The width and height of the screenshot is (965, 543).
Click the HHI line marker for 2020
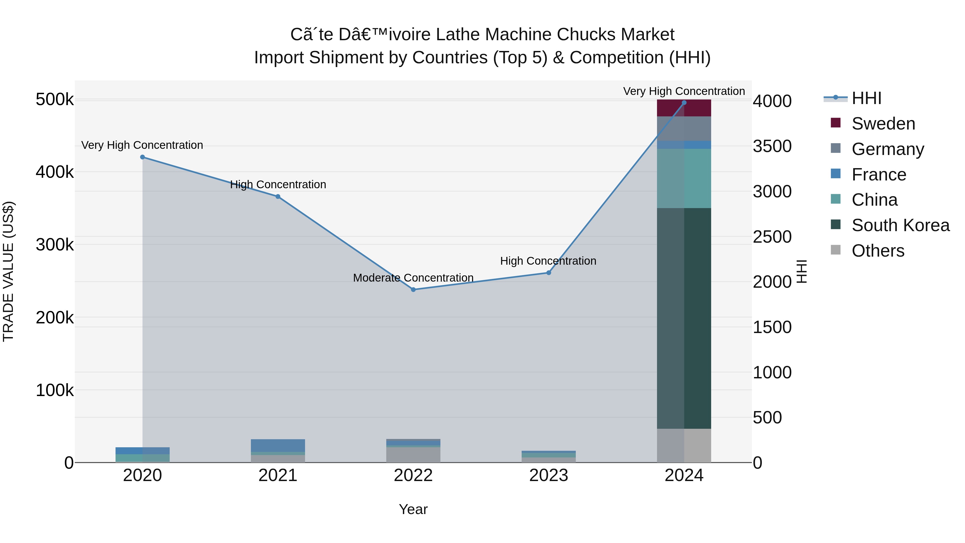tap(142, 157)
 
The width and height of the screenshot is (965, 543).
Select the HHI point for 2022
tap(413, 289)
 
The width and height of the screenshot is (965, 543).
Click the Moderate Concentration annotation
tap(413, 278)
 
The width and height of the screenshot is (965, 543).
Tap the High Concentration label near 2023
tap(548, 261)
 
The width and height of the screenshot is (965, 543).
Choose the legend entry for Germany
tap(888, 149)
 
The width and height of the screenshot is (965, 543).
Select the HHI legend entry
tap(866, 98)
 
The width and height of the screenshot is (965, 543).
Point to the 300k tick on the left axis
tap(55, 245)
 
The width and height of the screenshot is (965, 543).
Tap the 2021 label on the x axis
tap(278, 475)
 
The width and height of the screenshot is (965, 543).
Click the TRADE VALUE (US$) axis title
tap(8, 271)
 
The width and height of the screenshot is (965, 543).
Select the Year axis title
tap(413, 509)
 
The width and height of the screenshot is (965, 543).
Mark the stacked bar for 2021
tap(278, 451)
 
